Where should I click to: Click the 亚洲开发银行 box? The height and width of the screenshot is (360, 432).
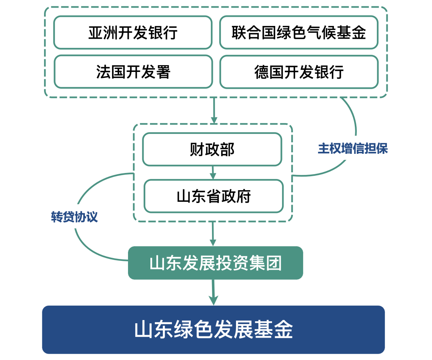click(133, 32)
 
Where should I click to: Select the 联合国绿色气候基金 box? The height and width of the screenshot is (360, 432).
click(299, 32)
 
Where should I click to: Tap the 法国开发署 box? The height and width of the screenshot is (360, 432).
click(133, 72)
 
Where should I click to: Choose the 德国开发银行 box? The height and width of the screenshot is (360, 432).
click(299, 72)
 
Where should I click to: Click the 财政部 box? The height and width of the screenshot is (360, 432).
click(212, 149)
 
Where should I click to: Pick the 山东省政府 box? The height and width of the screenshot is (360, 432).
click(214, 196)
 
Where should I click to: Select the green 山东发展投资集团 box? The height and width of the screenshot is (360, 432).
click(215, 263)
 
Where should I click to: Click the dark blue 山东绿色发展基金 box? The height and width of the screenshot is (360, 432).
click(213, 330)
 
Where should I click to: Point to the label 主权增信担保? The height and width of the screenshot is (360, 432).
click(352, 149)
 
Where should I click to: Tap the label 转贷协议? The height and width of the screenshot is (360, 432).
click(74, 217)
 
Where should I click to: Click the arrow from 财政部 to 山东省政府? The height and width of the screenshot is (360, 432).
click(213, 173)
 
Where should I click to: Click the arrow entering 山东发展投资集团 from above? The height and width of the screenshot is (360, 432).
click(213, 234)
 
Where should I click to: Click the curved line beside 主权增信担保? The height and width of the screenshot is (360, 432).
click(354, 120)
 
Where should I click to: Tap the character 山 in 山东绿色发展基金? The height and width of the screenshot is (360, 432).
click(143, 330)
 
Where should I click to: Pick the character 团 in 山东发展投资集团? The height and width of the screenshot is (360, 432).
click(274, 263)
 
